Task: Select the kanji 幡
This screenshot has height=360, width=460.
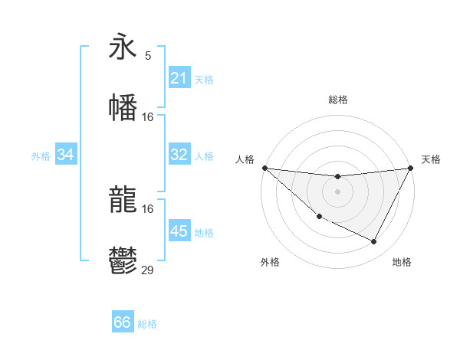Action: click(123, 106)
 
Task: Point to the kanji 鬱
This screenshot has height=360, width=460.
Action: click(123, 261)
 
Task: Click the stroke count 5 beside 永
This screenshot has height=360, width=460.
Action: click(148, 56)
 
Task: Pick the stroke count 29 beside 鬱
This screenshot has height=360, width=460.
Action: click(148, 270)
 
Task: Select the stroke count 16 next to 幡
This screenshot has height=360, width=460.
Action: click(148, 116)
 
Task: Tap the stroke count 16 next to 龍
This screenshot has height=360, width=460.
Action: click(148, 208)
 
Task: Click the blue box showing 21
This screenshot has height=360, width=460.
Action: click(179, 78)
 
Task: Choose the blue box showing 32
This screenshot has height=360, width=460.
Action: click(179, 155)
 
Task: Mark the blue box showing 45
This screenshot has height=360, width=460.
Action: click(179, 231)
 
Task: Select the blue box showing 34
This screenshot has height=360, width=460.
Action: click(66, 155)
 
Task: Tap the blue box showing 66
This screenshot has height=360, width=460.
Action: click(123, 322)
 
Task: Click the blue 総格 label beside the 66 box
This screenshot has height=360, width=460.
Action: click(147, 324)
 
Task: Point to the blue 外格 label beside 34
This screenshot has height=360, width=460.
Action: click(41, 156)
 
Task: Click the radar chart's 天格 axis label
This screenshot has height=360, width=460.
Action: click(431, 159)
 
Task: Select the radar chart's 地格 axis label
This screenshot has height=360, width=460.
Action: click(402, 263)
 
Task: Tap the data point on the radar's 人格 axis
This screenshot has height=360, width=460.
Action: click(264, 168)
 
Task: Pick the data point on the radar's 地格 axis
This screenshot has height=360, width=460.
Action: click(374, 242)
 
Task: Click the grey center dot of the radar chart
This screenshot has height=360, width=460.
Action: click(337, 191)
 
